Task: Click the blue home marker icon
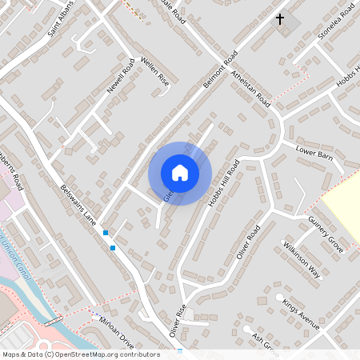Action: coord(180,173)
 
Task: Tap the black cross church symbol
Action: coord(280,18)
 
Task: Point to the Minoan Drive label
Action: coord(117,323)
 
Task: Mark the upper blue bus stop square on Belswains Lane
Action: coord(106,233)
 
